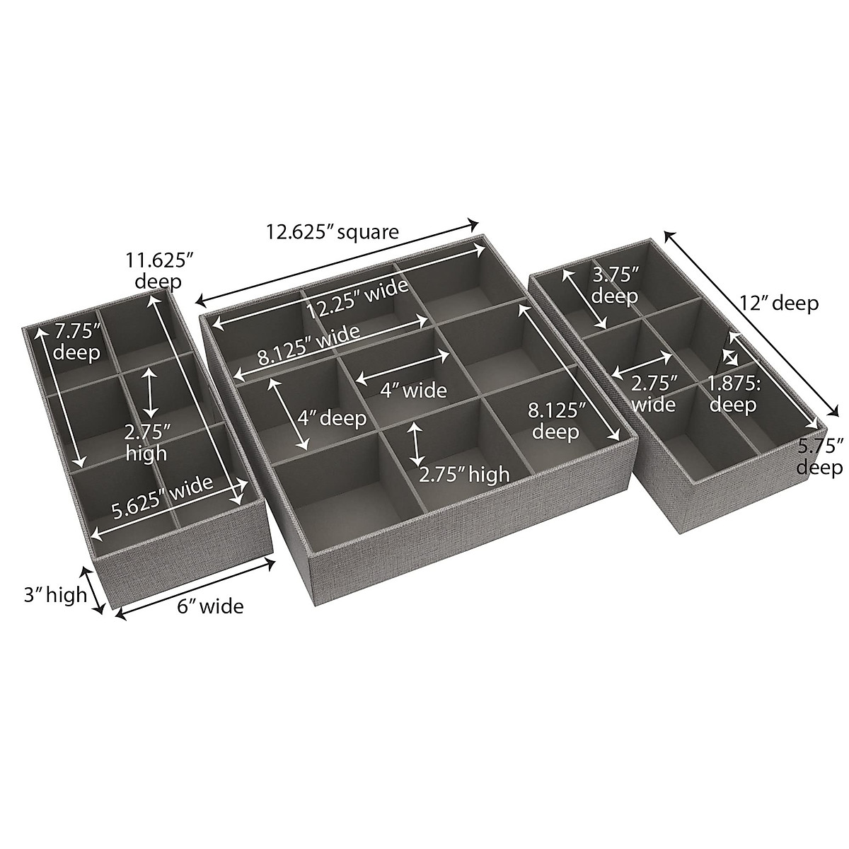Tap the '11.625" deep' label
tap(159, 270)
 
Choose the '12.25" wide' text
tap(357, 298)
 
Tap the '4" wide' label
tap(413, 390)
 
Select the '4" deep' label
tap(331, 418)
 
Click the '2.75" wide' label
tap(652, 394)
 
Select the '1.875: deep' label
tap(733, 394)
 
